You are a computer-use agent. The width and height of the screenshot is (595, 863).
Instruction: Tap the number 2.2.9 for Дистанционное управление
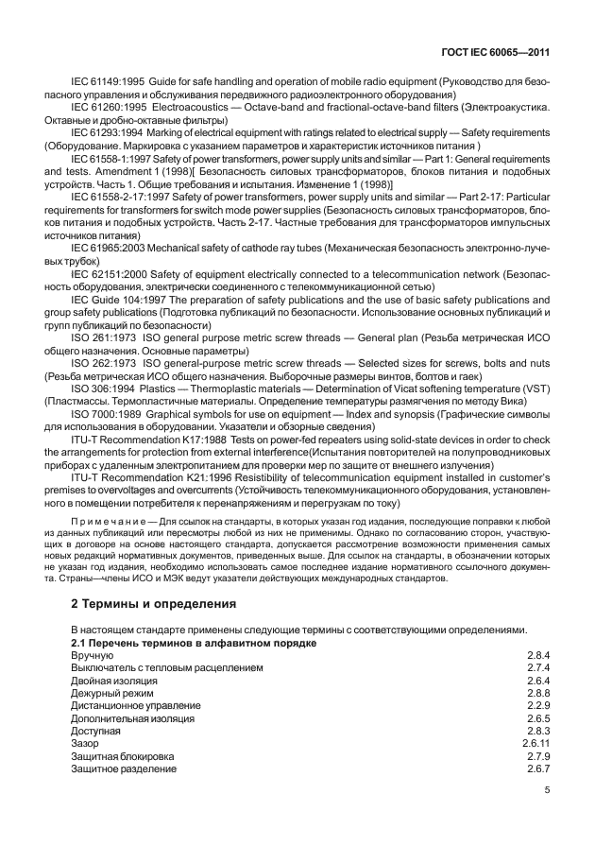point(538,705)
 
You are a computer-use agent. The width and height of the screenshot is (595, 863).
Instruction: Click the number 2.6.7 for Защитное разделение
point(538,769)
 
